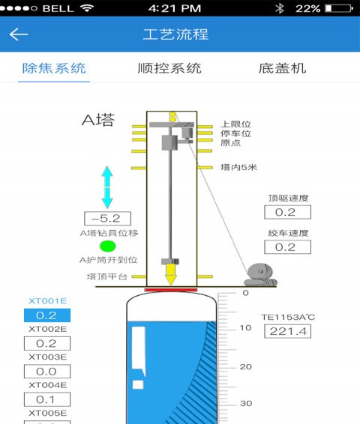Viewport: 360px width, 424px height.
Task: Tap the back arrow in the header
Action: point(19,34)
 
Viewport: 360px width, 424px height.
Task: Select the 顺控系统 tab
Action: point(169,68)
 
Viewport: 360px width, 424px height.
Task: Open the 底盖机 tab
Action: point(282,68)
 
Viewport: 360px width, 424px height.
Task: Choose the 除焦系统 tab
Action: point(54,68)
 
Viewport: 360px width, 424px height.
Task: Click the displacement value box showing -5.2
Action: point(107,219)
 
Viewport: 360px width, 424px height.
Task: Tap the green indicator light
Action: point(108,246)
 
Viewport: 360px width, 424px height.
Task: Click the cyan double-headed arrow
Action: point(107,187)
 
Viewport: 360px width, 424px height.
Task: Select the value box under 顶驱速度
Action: point(288,212)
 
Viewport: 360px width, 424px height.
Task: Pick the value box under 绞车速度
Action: point(288,247)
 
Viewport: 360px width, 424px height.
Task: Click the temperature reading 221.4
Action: point(288,331)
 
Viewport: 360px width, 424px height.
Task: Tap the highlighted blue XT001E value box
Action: point(47,315)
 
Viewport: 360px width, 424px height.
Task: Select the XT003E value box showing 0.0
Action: point(47,372)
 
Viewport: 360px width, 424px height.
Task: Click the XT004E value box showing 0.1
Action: point(47,399)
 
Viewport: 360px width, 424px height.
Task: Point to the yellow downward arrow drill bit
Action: point(171,274)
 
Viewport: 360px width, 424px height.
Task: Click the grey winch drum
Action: point(260,275)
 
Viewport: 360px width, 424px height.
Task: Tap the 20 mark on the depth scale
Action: point(246,366)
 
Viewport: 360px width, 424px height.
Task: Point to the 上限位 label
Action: point(235,124)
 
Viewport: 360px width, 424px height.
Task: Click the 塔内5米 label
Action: point(238,167)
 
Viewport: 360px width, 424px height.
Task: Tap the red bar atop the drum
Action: point(171,290)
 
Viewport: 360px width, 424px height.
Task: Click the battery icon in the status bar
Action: point(339,8)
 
